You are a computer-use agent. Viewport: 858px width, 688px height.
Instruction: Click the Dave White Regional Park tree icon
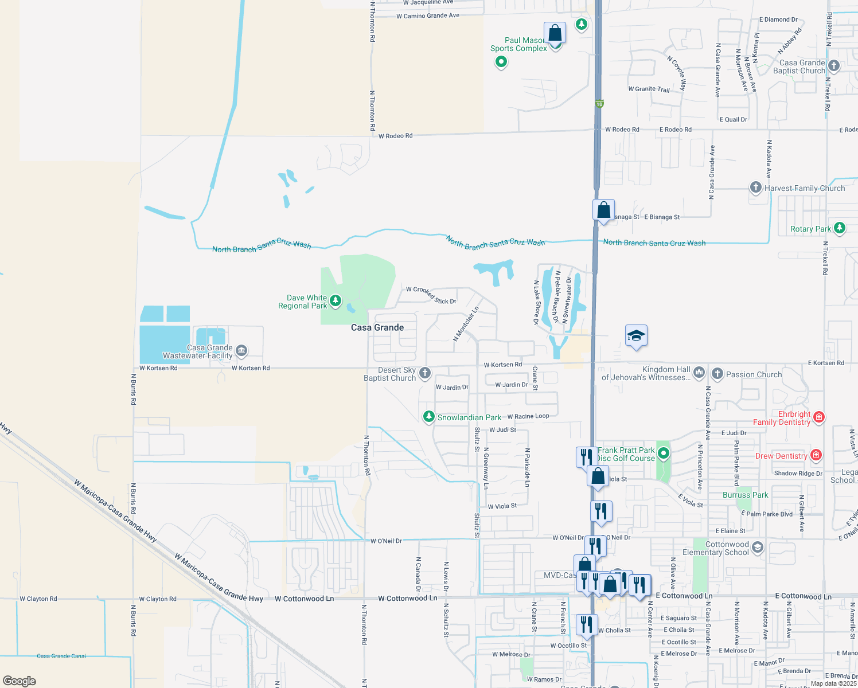[336, 300]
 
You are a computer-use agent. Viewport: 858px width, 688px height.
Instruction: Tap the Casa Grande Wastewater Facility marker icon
[241, 350]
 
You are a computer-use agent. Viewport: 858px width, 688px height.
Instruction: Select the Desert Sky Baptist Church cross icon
[425, 373]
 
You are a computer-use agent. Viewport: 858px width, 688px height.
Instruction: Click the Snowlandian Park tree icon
[428, 417]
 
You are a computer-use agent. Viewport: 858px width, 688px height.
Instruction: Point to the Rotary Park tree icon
[840, 228]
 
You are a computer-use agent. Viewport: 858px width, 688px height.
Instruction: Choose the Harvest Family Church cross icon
[756, 187]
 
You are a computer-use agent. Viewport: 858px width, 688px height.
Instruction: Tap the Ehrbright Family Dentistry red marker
[819, 417]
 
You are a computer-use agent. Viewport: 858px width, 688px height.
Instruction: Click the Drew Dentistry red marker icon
[816, 456]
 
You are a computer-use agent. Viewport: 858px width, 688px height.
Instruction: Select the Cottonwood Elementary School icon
[758, 548]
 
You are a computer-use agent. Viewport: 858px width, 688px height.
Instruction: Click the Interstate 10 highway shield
[599, 104]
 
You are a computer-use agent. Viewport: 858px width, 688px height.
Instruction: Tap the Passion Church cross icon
[717, 374]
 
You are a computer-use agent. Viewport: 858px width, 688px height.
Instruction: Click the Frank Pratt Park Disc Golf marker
[664, 454]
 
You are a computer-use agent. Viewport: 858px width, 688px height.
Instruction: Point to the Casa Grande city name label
[377, 327]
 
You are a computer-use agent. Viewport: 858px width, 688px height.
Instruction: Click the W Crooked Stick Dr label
[431, 295]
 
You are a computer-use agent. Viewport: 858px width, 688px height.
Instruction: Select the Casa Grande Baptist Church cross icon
[834, 66]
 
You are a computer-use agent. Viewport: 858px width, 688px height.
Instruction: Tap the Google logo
[19, 681]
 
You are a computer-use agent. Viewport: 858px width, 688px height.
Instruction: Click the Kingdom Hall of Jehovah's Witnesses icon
[699, 373]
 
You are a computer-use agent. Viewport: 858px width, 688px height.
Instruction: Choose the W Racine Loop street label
[528, 416]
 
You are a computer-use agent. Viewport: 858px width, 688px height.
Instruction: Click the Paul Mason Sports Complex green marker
[501, 62]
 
